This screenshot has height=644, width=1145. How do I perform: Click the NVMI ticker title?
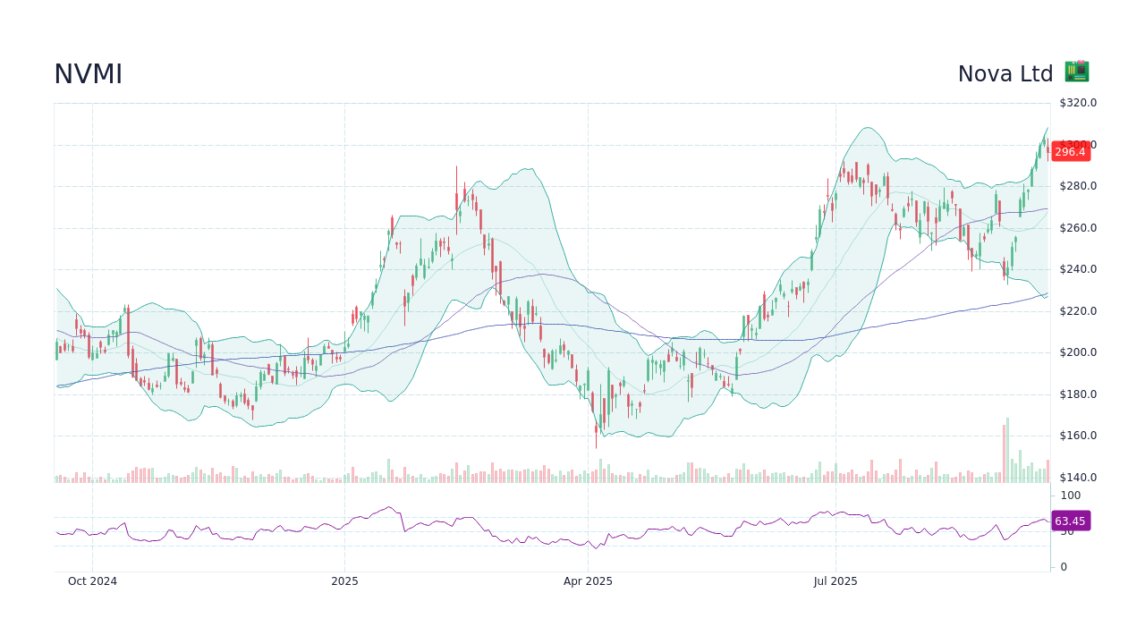click(88, 75)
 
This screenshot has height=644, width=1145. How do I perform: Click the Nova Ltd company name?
click(1005, 74)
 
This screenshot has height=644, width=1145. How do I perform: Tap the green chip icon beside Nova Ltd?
click(1076, 72)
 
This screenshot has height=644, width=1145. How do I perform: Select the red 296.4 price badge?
click(1070, 152)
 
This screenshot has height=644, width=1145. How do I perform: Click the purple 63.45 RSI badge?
click(1070, 521)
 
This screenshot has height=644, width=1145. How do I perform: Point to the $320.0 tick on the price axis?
click(1078, 103)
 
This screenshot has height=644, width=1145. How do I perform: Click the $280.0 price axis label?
click(1078, 186)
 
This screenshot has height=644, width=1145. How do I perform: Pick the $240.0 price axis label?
click(1078, 269)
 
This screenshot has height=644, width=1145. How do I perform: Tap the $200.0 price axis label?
click(1078, 352)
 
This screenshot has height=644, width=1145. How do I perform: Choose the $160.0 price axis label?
click(1078, 436)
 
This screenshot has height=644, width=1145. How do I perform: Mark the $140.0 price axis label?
click(1078, 478)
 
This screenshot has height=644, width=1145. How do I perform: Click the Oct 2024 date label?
click(92, 581)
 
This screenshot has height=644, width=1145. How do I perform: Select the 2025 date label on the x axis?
click(344, 581)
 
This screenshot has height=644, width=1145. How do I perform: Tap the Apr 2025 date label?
click(588, 581)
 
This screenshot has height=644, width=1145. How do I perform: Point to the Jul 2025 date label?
click(835, 581)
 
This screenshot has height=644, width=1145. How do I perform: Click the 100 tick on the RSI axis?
click(1071, 496)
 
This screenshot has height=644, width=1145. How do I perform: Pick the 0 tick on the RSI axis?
click(1064, 567)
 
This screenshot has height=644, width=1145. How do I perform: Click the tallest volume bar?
click(1007, 450)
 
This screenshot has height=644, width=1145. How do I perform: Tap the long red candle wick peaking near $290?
click(456, 179)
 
